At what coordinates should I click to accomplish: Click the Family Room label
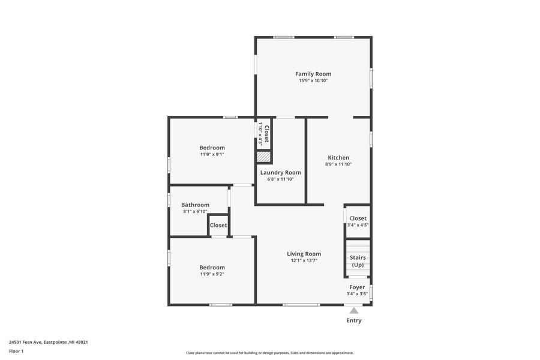[313, 74]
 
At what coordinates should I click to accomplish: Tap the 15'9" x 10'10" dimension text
[313, 80]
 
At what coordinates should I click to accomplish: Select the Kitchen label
[338, 157]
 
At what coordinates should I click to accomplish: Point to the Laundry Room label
[280, 173]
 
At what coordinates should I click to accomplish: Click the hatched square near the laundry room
[264, 157]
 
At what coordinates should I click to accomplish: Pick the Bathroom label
[195, 205]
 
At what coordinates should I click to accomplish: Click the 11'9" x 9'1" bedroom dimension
[212, 154]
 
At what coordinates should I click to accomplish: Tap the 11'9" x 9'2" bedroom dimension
[212, 274]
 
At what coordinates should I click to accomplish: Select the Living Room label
[304, 254]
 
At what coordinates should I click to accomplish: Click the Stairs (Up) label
[358, 261]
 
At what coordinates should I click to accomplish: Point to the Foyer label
[357, 287]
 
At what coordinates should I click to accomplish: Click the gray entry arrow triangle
[354, 311]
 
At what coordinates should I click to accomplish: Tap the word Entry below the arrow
[354, 320]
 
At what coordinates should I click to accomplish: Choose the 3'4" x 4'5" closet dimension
[358, 225]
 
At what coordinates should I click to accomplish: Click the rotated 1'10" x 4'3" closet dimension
[261, 133]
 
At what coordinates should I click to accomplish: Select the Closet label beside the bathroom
[218, 226]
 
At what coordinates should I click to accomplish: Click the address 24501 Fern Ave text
[25, 342]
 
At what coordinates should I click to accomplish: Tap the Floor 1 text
[16, 352]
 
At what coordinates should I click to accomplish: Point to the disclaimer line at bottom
[270, 353]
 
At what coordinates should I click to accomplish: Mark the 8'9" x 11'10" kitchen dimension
[338, 164]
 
